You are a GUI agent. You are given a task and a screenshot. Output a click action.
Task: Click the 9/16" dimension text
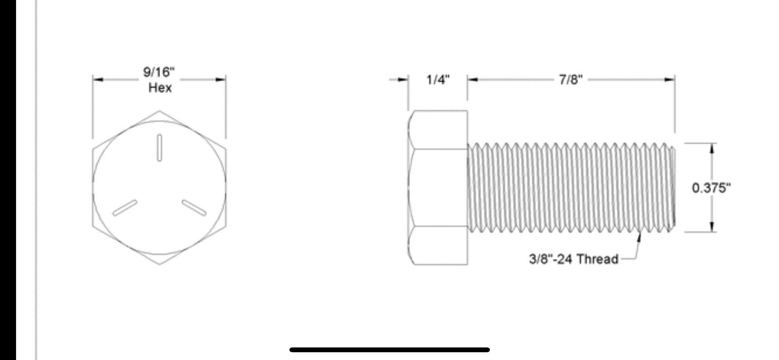coord(159,72)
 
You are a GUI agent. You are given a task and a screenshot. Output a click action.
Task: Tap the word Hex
coord(160,88)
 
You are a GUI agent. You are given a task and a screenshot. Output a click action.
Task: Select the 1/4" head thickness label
coord(438,80)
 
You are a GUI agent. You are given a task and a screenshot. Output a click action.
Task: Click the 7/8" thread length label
coord(571,80)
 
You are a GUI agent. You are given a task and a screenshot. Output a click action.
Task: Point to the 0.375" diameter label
coord(711,188)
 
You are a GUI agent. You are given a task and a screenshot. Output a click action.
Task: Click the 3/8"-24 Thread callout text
coord(574,259)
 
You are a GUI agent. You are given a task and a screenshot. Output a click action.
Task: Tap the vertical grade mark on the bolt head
coord(159,148)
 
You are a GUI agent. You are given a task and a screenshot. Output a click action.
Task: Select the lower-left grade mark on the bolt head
coord(125,208)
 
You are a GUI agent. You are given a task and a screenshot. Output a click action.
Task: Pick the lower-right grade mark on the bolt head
coord(194,208)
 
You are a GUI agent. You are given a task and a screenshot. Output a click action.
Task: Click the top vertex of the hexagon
coord(159,111)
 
